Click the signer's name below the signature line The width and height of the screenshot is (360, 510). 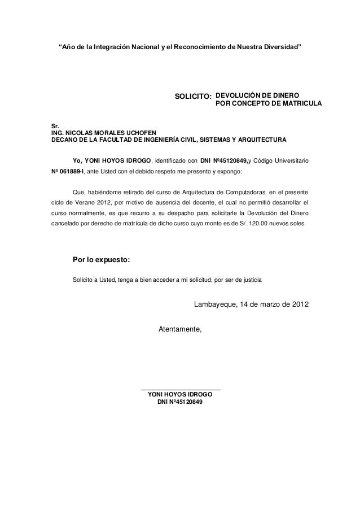(x=180, y=394)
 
